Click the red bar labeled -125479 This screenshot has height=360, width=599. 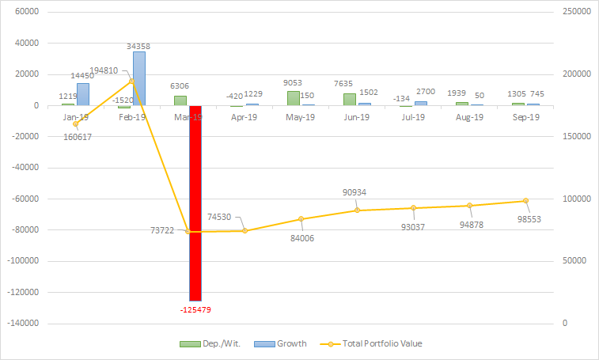pos(195,203)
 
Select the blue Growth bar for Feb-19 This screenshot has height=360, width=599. pos(138,78)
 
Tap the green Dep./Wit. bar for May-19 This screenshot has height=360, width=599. pos(294,98)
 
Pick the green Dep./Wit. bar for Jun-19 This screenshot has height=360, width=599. pos(350,99)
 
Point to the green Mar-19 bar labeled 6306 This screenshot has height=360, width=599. pos(180,100)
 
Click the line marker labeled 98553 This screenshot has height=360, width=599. pos(525,201)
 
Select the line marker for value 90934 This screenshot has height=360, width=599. pos(357,210)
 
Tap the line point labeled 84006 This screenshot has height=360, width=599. pos(301,219)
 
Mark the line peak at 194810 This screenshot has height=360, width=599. pos(131,81)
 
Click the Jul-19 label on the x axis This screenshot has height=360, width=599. pos(413,117)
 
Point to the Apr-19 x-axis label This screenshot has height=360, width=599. pos(245,117)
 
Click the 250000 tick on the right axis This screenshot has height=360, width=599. pos(575,13)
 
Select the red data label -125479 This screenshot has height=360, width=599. pos(195,309)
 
